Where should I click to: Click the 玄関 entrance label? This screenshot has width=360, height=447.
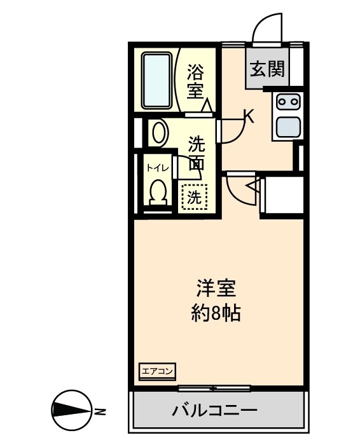pos(267,69)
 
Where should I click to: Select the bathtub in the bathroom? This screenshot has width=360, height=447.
pos(155,80)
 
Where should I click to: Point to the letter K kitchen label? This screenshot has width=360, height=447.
pos(249,116)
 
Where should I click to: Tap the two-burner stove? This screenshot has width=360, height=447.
pos(287,100)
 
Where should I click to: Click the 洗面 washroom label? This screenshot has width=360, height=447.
pos(196,153)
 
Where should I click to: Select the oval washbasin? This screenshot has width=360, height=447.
pos(158,133)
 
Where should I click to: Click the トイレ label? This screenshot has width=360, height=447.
pos(157,168)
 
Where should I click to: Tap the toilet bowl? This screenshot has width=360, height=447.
pos(158,192)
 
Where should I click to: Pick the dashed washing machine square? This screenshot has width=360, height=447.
pos(194,196)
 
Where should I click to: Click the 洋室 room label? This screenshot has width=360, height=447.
pos(215,289)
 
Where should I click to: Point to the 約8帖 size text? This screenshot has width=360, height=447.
pos(216,313)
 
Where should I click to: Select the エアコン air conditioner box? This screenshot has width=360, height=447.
pos(157,371)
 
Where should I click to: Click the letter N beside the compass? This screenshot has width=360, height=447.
pos(100,411)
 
